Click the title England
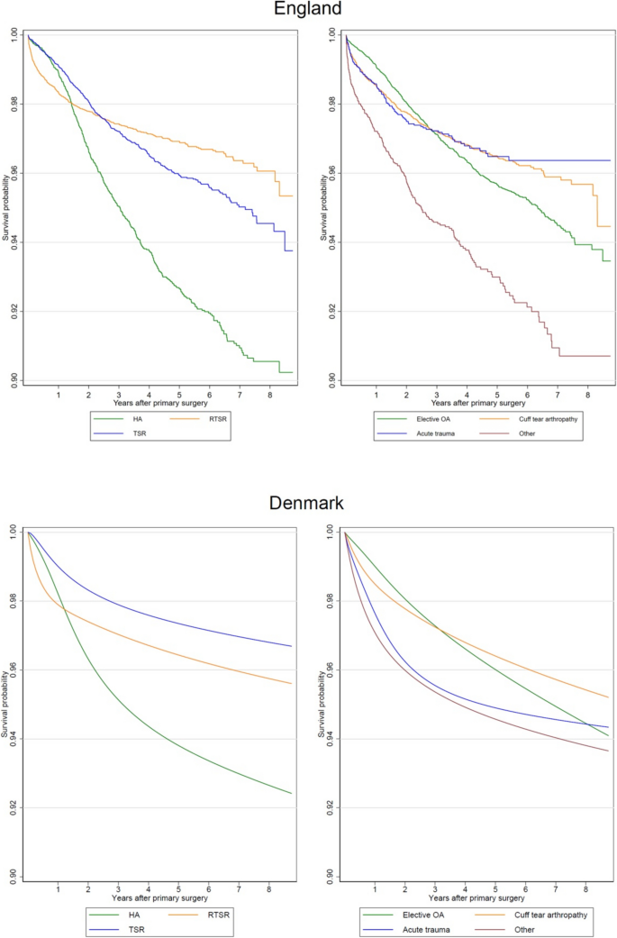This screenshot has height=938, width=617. click(308, 11)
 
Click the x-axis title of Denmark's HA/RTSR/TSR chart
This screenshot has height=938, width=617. click(159, 898)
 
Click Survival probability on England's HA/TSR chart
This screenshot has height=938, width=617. click(5, 206)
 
